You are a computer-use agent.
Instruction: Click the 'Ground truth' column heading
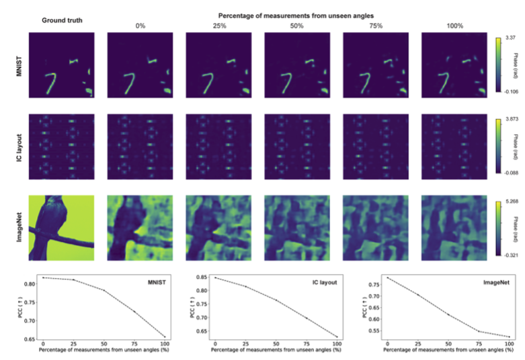[62, 20]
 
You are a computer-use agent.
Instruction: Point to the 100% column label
[449, 26]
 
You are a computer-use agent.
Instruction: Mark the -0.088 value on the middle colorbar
[506, 172]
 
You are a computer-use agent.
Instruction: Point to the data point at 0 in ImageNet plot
[387, 277]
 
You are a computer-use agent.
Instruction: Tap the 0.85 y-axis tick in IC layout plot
[200, 277]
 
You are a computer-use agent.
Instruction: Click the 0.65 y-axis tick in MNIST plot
[28, 339]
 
